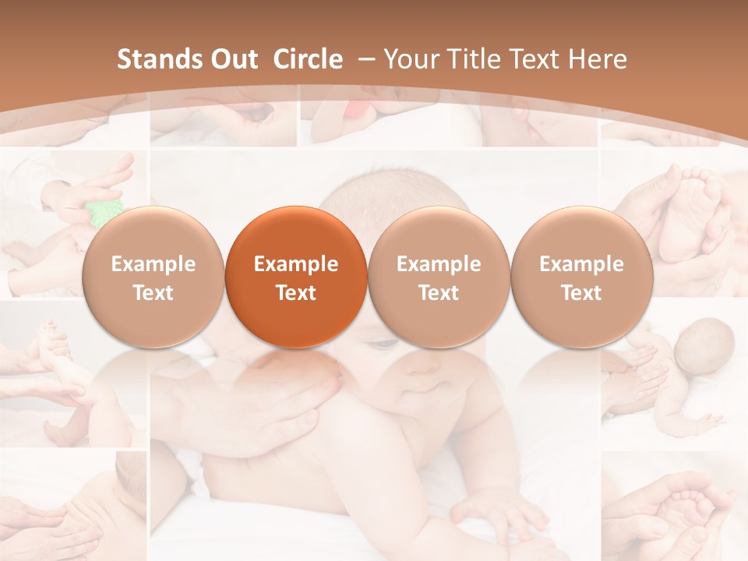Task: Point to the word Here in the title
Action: (598, 59)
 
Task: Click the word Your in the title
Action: (412, 59)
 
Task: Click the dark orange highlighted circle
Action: (296, 277)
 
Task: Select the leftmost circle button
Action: (153, 277)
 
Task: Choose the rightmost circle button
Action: (581, 277)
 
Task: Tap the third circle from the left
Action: (439, 277)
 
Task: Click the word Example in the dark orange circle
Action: (296, 264)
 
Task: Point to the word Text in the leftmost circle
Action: (153, 293)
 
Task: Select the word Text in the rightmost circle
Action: (581, 293)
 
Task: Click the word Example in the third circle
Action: (439, 264)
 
